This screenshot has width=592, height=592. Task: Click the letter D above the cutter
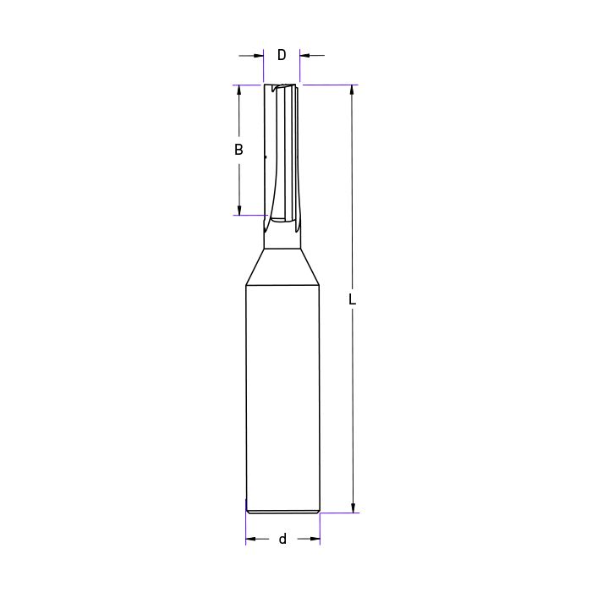point(282,55)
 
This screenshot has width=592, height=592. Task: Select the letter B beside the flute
point(239,150)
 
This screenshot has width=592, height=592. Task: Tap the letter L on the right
point(353,299)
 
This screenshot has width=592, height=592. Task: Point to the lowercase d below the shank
point(282,539)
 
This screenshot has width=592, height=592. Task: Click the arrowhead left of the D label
point(260,56)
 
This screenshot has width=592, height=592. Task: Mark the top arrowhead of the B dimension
point(239,90)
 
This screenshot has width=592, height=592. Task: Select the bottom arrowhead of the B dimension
point(239,210)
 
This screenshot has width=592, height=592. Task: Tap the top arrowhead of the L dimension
point(353,90)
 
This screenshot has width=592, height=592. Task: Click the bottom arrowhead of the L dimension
point(353,507)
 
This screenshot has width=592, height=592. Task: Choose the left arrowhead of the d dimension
point(251,539)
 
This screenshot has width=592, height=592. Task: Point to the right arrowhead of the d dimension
point(315,539)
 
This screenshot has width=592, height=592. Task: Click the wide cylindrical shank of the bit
point(282,397)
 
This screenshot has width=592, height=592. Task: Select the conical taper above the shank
point(282,266)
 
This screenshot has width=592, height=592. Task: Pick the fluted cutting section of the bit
point(282,152)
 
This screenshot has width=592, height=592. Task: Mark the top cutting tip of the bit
point(282,85)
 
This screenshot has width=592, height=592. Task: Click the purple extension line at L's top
point(330,85)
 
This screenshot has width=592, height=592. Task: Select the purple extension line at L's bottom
point(338,513)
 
